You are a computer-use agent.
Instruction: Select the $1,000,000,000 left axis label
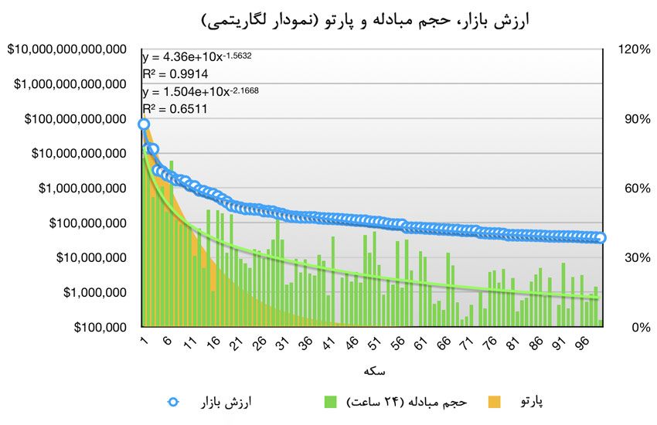(78, 189)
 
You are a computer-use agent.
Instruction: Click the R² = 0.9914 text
(175, 74)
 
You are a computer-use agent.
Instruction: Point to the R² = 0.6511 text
(175, 110)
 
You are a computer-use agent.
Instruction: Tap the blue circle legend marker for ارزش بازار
(174, 402)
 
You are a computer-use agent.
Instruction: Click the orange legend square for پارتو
(495, 402)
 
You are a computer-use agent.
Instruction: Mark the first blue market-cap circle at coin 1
(145, 124)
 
